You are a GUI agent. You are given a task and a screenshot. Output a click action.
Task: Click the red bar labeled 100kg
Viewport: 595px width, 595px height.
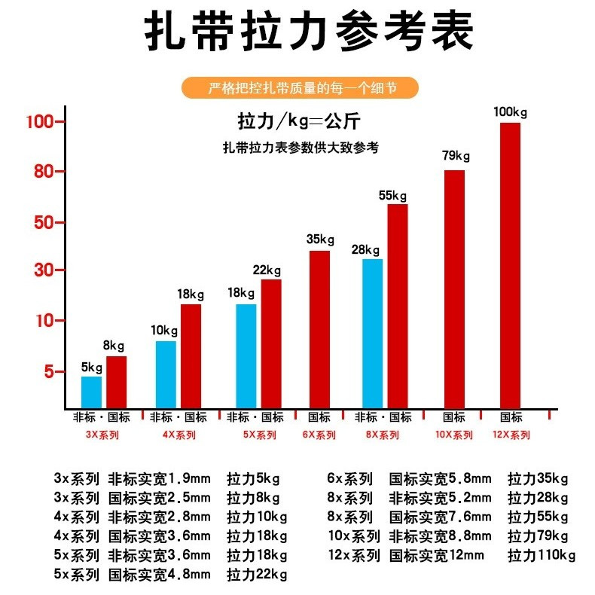click(x=510, y=265)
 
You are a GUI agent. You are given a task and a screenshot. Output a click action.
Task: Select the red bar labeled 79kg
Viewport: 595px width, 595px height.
click(x=454, y=289)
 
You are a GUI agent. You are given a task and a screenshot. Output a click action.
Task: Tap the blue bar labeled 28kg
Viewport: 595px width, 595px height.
click(x=373, y=333)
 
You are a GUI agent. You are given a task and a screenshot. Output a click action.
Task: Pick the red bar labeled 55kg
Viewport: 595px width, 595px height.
click(x=398, y=306)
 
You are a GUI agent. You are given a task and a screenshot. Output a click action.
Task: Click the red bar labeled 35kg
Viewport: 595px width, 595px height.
click(x=319, y=329)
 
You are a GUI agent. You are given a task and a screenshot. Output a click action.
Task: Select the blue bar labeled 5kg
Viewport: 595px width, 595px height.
click(x=91, y=392)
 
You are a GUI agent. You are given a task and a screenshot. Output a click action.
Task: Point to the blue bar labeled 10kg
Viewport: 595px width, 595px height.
click(x=166, y=374)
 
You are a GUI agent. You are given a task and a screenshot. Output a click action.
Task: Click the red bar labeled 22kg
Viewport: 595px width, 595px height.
click(x=271, y=343)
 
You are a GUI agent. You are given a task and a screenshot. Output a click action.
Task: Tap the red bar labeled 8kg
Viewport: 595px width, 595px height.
click(x=117, y=382)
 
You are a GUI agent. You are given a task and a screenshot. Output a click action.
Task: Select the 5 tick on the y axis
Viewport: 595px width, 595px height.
click(x=47, y=372)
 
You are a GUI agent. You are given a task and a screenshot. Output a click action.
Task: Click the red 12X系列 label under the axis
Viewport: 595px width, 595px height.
click(x=511, y=435)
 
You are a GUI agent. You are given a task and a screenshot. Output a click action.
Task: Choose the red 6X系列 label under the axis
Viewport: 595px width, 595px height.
click(x=320, y=435)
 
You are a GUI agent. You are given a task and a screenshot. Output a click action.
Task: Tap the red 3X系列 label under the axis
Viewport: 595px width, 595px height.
click(x=102, y=435)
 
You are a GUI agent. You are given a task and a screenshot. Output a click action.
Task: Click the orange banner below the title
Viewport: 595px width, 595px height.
click(x=301, y=88)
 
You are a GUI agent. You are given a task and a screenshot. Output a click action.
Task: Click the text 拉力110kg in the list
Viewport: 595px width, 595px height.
click(x=542, y=556)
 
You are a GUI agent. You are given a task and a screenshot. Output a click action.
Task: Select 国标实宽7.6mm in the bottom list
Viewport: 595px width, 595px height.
click(x=440, y=517)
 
